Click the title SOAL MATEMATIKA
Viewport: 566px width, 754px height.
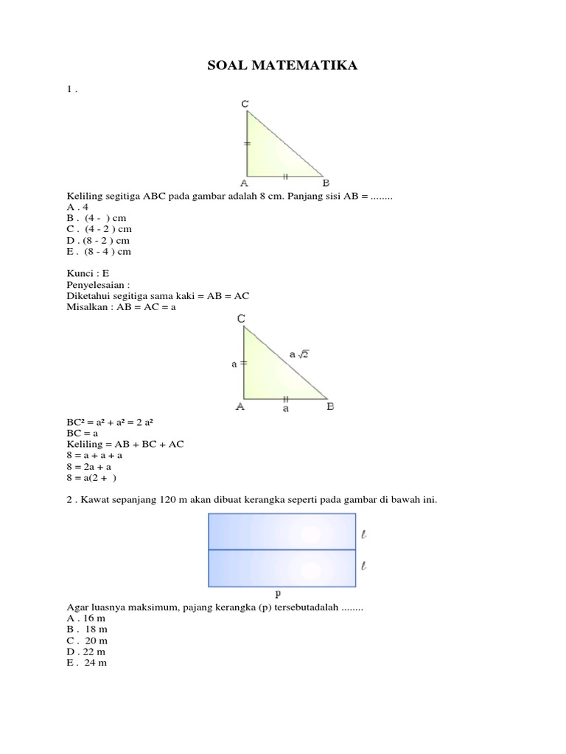pos(283,67)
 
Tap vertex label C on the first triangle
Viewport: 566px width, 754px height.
pos(245,105)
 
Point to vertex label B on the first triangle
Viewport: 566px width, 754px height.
pos(325,183)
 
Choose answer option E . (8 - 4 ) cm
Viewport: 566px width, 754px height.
pos(98,252)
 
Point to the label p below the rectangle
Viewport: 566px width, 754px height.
pos(277,593)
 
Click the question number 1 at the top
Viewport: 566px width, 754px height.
pos(68,90)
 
